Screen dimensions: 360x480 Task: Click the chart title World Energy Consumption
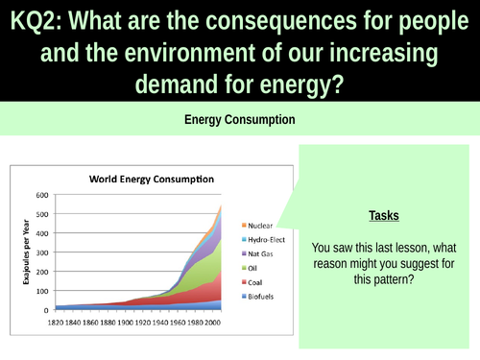click(x=152, y=179)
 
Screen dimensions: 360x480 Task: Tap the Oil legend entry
click(x=227, y=269)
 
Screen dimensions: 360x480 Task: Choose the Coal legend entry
click(x=228, y=283)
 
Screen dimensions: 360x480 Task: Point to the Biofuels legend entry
click(x=233, y=298)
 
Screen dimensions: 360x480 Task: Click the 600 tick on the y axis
click(x=42, y=195)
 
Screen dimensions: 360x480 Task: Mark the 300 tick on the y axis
click(x=42, y=252)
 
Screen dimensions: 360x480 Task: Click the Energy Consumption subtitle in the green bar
click(x=240, y=120)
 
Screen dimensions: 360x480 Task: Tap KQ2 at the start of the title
click(x=34, y=19)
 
